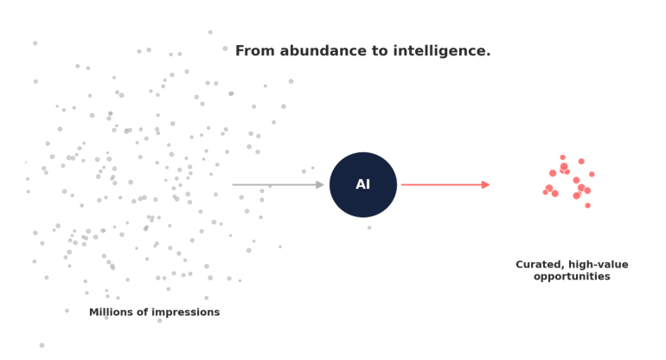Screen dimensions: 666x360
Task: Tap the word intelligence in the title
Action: point(442,51)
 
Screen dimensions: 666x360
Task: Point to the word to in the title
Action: point(381,51)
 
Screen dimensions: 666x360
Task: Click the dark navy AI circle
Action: point(363,185)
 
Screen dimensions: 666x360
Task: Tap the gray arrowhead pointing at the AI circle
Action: point(320,185)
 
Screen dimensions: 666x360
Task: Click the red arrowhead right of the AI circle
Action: point(486,185)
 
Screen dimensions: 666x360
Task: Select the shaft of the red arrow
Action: point(442,185)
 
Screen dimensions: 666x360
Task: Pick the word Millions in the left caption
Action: point(107,312)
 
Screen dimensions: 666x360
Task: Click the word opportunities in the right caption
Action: point(572,277)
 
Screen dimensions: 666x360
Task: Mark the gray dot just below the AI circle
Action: point(369,228)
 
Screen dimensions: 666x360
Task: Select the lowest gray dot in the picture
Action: point(42,345)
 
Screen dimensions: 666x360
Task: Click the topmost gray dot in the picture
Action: point(210,32)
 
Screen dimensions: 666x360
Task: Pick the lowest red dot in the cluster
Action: point(588,206)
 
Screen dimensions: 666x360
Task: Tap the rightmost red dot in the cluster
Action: point(592,174)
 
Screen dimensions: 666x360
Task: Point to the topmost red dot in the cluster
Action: point(563,157)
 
